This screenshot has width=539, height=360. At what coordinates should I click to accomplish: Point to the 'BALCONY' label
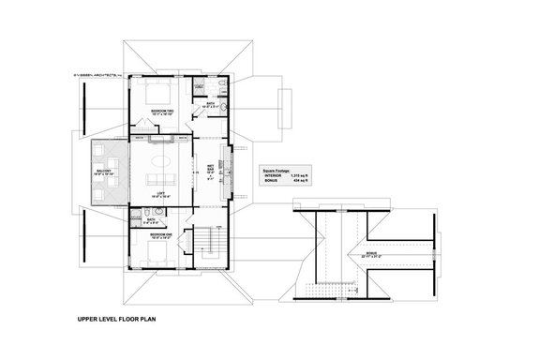[102, 172]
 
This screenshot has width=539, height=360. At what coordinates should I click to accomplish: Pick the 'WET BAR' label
[212, 170]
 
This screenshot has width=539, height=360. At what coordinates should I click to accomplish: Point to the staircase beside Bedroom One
[207, 246]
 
